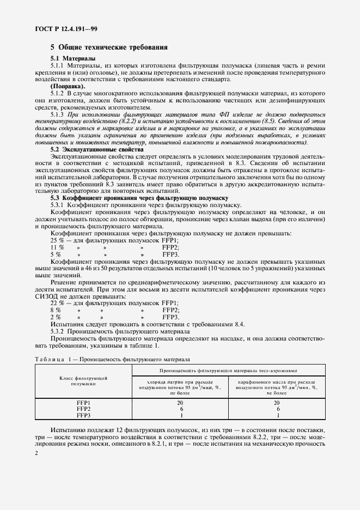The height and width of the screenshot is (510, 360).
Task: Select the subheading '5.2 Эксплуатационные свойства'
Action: click(x=97, y=149)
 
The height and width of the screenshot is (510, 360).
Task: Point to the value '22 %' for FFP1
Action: click(x=57, y=302)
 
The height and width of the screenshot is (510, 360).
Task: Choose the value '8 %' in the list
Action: click(x=56, y=309)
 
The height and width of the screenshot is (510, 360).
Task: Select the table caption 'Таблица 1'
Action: click(x=53, y=360)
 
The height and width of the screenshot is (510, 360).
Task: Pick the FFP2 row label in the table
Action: click(x=83, y=408)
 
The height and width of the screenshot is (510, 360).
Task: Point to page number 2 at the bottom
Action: click(x=36, y=453)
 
